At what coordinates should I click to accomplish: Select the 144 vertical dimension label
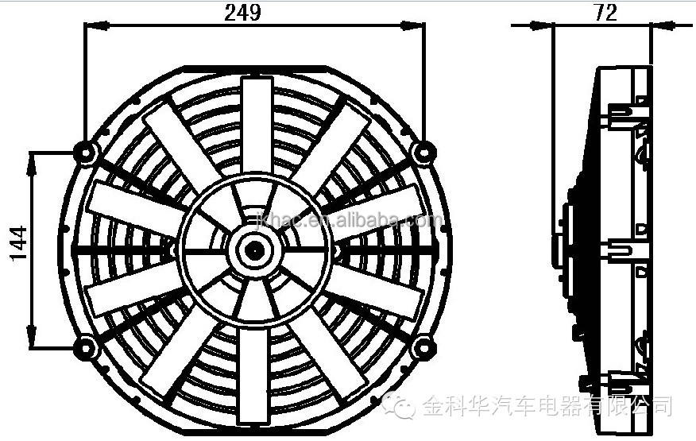point(17,244)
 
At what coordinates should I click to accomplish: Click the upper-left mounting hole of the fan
point(85,150)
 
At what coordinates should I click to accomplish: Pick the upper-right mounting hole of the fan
point(424,149)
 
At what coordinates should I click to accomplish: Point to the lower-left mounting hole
point(84,346)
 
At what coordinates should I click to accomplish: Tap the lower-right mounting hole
point(424,346)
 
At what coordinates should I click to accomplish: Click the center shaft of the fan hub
point(255,249)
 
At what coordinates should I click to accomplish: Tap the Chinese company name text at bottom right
point(548,406)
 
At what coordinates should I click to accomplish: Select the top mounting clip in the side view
point(628,111)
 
